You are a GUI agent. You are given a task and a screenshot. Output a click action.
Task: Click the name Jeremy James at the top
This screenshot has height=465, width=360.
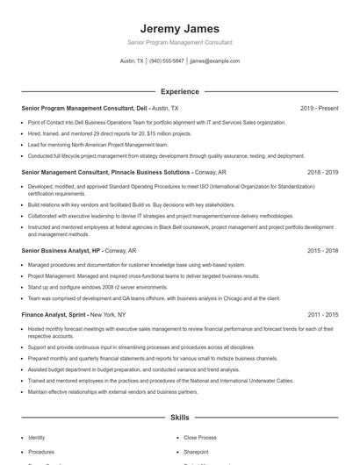pos(179,28)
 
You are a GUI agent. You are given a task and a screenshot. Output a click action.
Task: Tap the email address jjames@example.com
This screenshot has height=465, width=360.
pos(214,61)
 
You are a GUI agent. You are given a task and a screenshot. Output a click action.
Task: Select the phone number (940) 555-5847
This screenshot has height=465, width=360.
pos(166,61)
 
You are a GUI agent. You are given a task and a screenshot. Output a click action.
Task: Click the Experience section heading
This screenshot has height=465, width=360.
pos(179,91)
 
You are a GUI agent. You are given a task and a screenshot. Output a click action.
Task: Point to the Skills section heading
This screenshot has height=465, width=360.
pos(179,418)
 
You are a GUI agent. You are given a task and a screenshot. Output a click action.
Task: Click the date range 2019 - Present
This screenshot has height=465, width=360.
pos(319,108)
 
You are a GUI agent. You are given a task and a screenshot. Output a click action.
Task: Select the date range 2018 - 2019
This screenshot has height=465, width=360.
pos(322,173)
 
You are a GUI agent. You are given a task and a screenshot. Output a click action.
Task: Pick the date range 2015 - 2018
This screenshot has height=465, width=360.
pos(322,250)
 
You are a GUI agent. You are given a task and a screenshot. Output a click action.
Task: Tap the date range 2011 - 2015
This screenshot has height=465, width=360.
pos(322,313)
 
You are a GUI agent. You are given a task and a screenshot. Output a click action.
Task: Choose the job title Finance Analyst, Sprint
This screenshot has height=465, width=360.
pos(52,313)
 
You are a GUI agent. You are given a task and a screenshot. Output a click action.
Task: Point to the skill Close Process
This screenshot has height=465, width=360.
pos(200,437)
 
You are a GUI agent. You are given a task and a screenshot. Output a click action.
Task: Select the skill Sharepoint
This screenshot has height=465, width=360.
pos(196,452)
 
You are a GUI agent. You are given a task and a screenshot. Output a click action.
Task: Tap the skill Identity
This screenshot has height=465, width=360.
pos(36,437)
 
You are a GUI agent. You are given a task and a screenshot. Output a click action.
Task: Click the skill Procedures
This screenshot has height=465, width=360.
pos(40,452)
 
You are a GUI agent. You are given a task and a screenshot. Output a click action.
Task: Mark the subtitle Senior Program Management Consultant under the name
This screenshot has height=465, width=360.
pos(179,42)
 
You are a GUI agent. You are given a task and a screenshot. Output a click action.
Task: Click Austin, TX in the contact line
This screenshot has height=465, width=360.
pos(132,61)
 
